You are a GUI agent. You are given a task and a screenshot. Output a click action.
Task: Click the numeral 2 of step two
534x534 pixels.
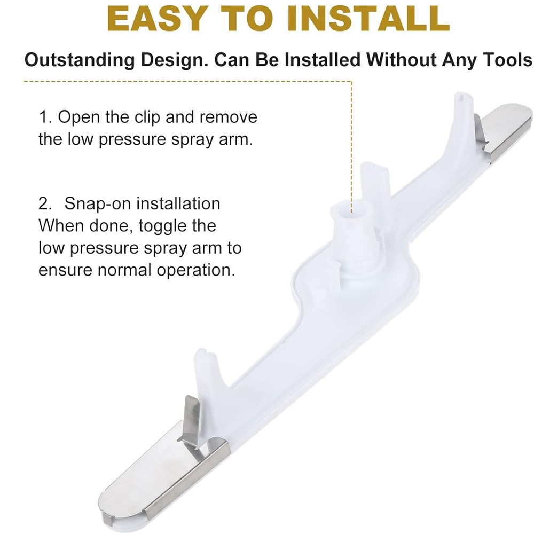(45, 204)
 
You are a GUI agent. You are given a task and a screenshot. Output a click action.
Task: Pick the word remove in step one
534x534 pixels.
(229, 117)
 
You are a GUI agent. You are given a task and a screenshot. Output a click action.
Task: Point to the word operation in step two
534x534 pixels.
(196, 270)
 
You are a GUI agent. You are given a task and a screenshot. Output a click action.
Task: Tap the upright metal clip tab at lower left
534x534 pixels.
(192, 422)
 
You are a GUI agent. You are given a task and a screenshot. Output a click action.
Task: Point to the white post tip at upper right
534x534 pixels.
(462, 97)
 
